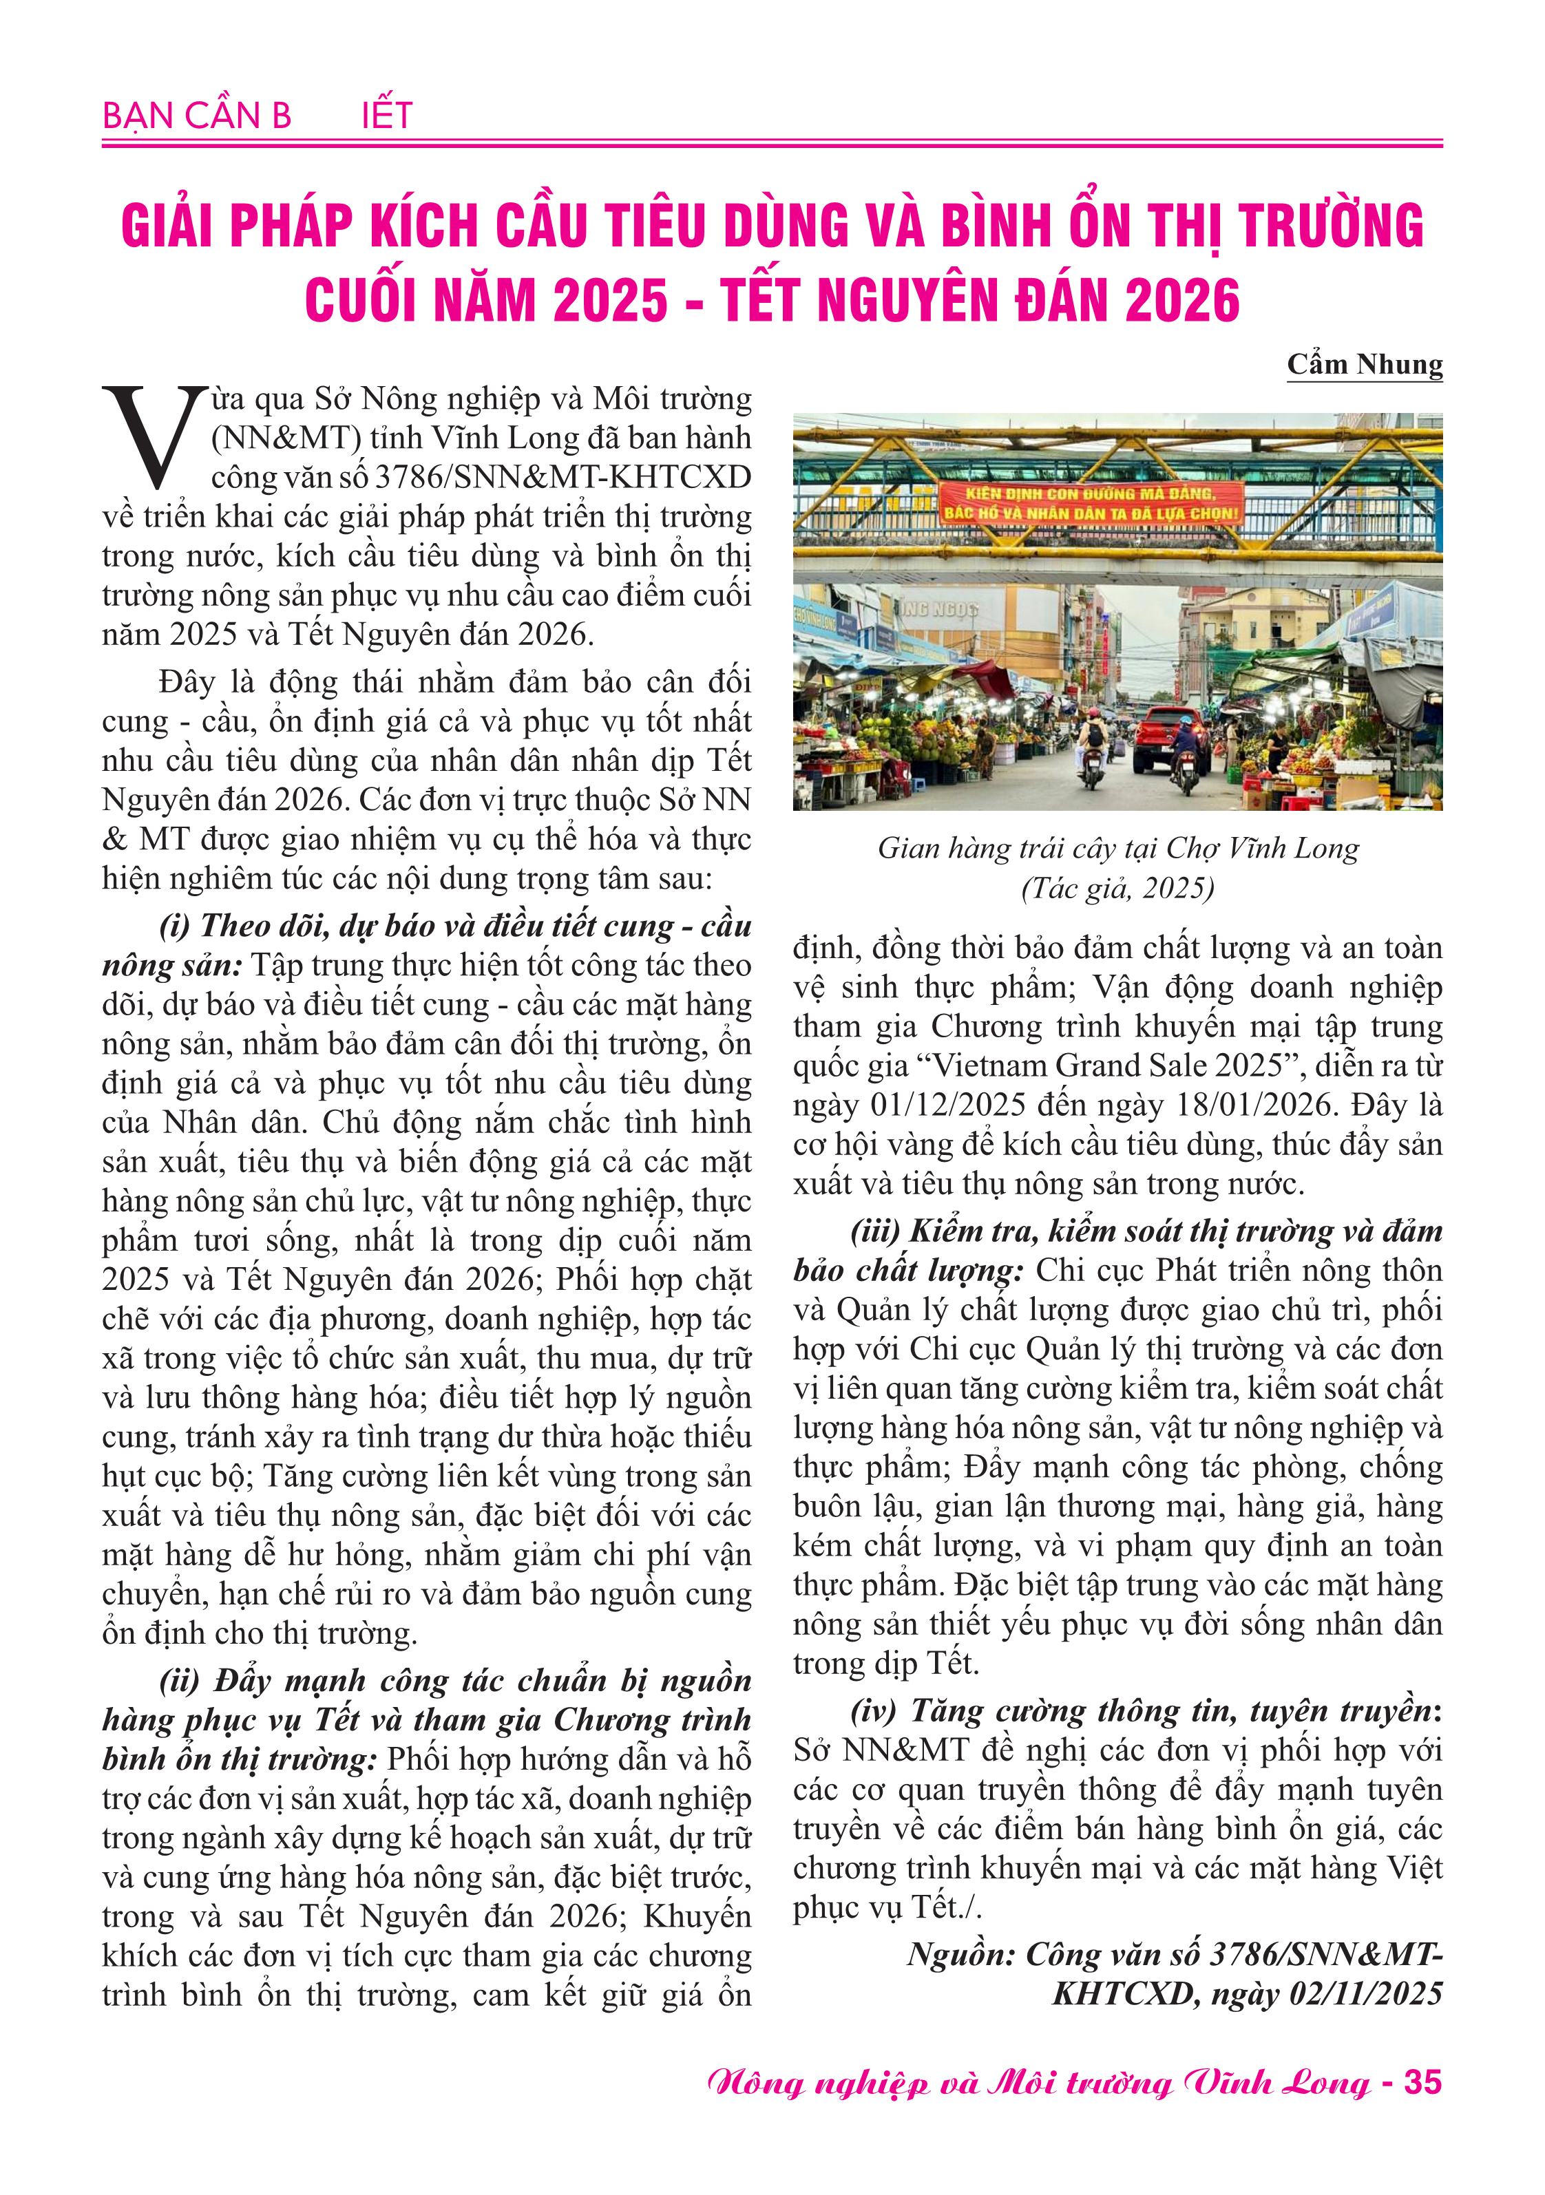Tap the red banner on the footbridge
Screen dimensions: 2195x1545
(1091, 503)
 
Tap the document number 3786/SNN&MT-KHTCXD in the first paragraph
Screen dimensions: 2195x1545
(563, 477)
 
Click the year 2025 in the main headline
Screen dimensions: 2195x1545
(610, 301)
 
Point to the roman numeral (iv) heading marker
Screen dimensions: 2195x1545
(875, 1710)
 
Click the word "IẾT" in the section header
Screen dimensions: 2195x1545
(387, 116)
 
